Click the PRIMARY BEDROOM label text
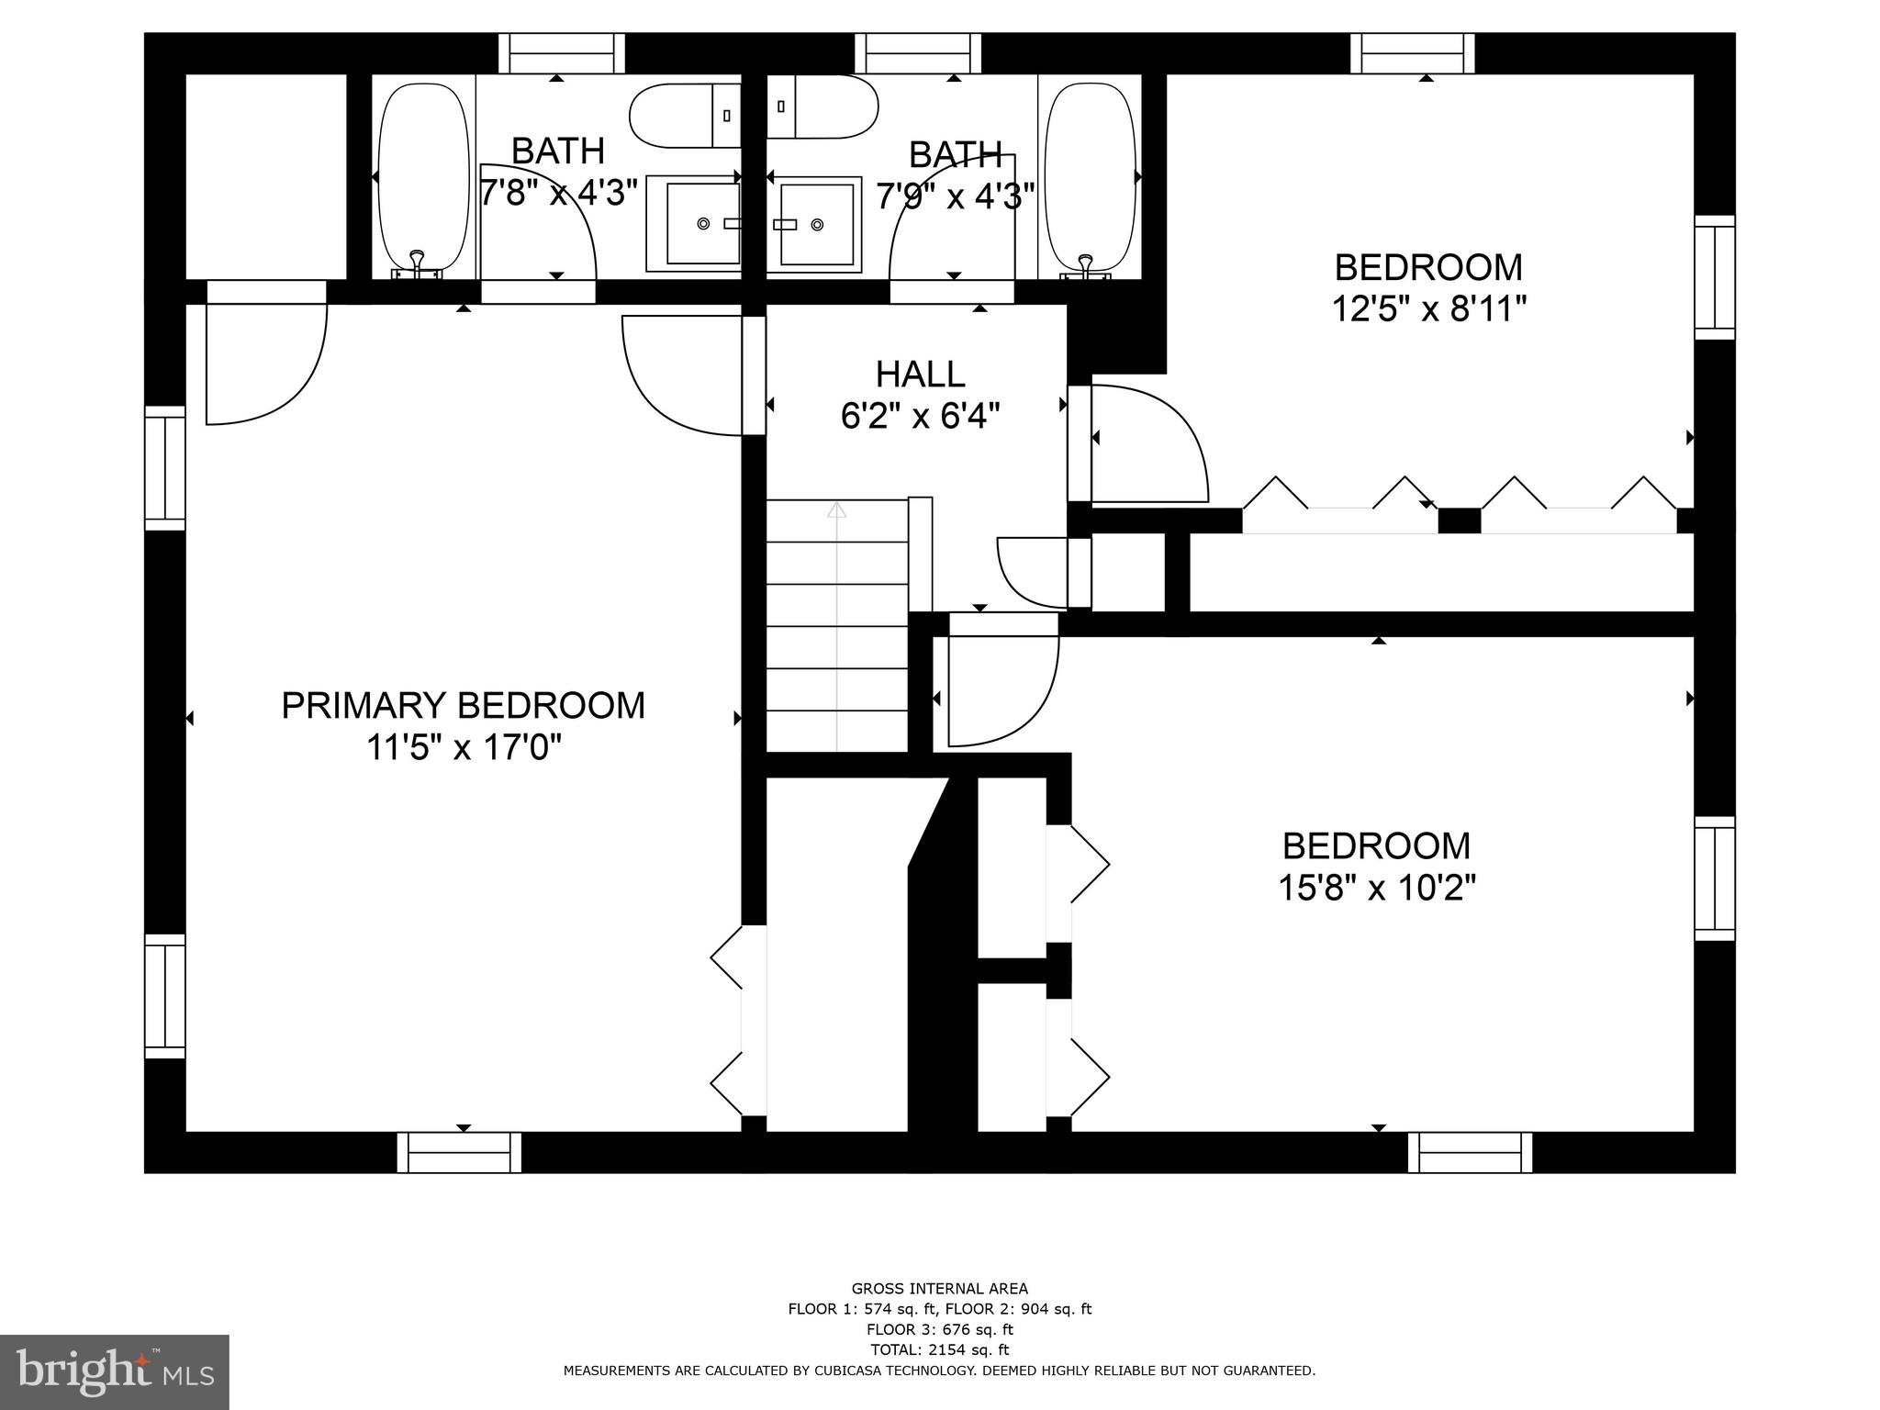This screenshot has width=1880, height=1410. coord(463,706)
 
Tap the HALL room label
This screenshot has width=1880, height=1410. coord(920,375)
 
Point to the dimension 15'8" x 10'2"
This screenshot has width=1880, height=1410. coord(1377,888)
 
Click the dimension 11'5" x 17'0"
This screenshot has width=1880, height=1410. coord(463,748)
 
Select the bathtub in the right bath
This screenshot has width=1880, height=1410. coord(1086,176)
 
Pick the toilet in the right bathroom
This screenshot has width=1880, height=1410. coord(824,106)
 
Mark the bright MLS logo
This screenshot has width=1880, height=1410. coord(114,1371)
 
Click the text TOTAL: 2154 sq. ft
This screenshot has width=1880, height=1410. coord(939,1349)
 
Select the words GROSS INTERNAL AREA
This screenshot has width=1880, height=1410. coord(939,1289)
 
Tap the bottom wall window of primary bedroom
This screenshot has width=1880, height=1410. coord(459,1152)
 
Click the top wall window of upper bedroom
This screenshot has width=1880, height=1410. coord(1413,53)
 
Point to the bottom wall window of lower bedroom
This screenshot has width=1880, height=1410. coord(1471,1152)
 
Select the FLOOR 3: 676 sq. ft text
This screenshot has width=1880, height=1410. coord(939,1329)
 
